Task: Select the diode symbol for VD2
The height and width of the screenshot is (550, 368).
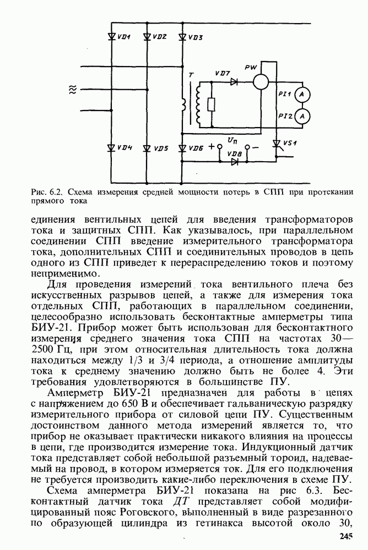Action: (147, 37)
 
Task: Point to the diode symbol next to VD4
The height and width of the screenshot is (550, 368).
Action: (111, 148)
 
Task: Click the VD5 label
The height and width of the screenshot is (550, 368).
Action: (161, 148)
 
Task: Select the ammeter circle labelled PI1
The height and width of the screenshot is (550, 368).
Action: (301, 95)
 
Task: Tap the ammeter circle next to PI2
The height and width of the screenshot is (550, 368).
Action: (301, 116)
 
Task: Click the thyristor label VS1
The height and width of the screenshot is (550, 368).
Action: (290, 144)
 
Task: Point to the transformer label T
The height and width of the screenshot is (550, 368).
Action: (191, 75)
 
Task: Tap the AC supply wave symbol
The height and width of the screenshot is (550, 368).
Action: (72, 90)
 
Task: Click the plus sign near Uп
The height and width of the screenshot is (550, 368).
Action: (211, 147)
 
